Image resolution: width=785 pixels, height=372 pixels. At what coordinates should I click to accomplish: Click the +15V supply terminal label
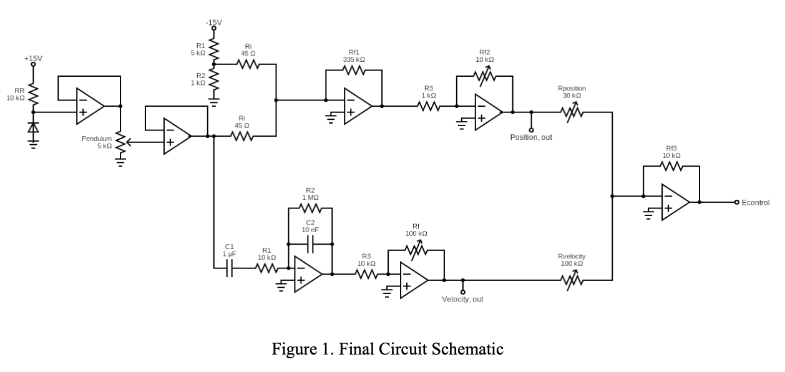[33, 59]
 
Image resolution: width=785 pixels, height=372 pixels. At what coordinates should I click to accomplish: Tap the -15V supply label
[214, 22]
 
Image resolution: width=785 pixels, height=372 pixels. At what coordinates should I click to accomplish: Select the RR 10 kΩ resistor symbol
[33, 94]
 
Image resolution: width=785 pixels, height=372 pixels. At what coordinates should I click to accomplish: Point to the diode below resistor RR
[33, 127]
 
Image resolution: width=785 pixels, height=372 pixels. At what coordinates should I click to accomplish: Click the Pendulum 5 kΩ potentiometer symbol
[121, 142]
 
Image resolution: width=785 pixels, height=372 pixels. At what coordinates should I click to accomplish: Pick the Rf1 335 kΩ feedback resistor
[354, 70]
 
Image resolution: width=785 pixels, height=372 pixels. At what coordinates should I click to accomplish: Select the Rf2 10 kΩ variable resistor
[485, 76]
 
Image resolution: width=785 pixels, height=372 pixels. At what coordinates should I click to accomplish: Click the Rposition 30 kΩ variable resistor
[572, 112]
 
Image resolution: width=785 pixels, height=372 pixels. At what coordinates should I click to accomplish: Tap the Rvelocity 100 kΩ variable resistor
[572, 280]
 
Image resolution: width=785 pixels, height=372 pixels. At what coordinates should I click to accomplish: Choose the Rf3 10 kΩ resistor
[671, 166]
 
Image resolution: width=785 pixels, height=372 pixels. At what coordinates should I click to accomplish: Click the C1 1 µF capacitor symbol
[229, 268]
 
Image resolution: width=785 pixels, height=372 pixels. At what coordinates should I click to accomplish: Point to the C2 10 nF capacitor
[310, 244]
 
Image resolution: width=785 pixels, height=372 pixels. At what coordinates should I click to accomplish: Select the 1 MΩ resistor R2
[310, 208]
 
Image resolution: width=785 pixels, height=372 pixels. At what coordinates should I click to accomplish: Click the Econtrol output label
[756, 203]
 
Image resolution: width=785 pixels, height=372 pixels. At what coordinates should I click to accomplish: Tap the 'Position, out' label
[531, 137]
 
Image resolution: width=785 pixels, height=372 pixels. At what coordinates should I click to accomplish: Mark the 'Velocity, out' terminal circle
[462, 292]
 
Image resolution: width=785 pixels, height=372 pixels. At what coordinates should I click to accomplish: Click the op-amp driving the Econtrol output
[675, 202]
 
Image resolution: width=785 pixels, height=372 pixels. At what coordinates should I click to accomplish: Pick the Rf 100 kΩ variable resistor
[416, 250]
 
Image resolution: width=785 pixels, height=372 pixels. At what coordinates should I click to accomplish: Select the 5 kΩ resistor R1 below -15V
[214, 49]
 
